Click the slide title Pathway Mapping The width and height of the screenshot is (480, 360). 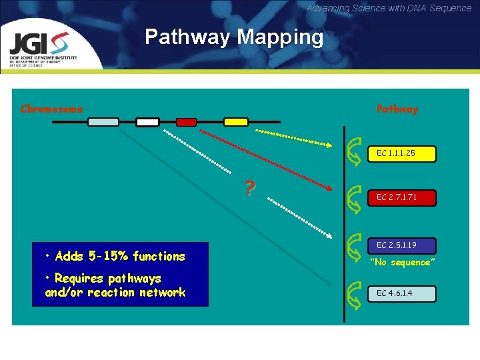tap(234, 37)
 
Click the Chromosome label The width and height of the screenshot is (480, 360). tap(52, 109)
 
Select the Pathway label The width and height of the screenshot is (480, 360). tap(397, 109)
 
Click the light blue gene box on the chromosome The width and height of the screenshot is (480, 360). tap(103, 122)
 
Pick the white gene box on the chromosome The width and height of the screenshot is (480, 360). tap(147, 122)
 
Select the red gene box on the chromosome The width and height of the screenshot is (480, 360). tap(186, 122)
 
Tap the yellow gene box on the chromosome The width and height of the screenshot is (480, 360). tap(235, 122)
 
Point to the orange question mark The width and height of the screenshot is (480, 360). tap(249, 189)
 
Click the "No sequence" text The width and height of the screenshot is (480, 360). tap(402, 263)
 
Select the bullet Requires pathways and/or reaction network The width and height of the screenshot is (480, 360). tap(115, 285)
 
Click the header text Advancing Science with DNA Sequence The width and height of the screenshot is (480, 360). tap(389, 8)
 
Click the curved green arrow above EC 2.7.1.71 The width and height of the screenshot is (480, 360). tap(355, 196)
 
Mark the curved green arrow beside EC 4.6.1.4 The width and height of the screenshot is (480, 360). tap(355, 293)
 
